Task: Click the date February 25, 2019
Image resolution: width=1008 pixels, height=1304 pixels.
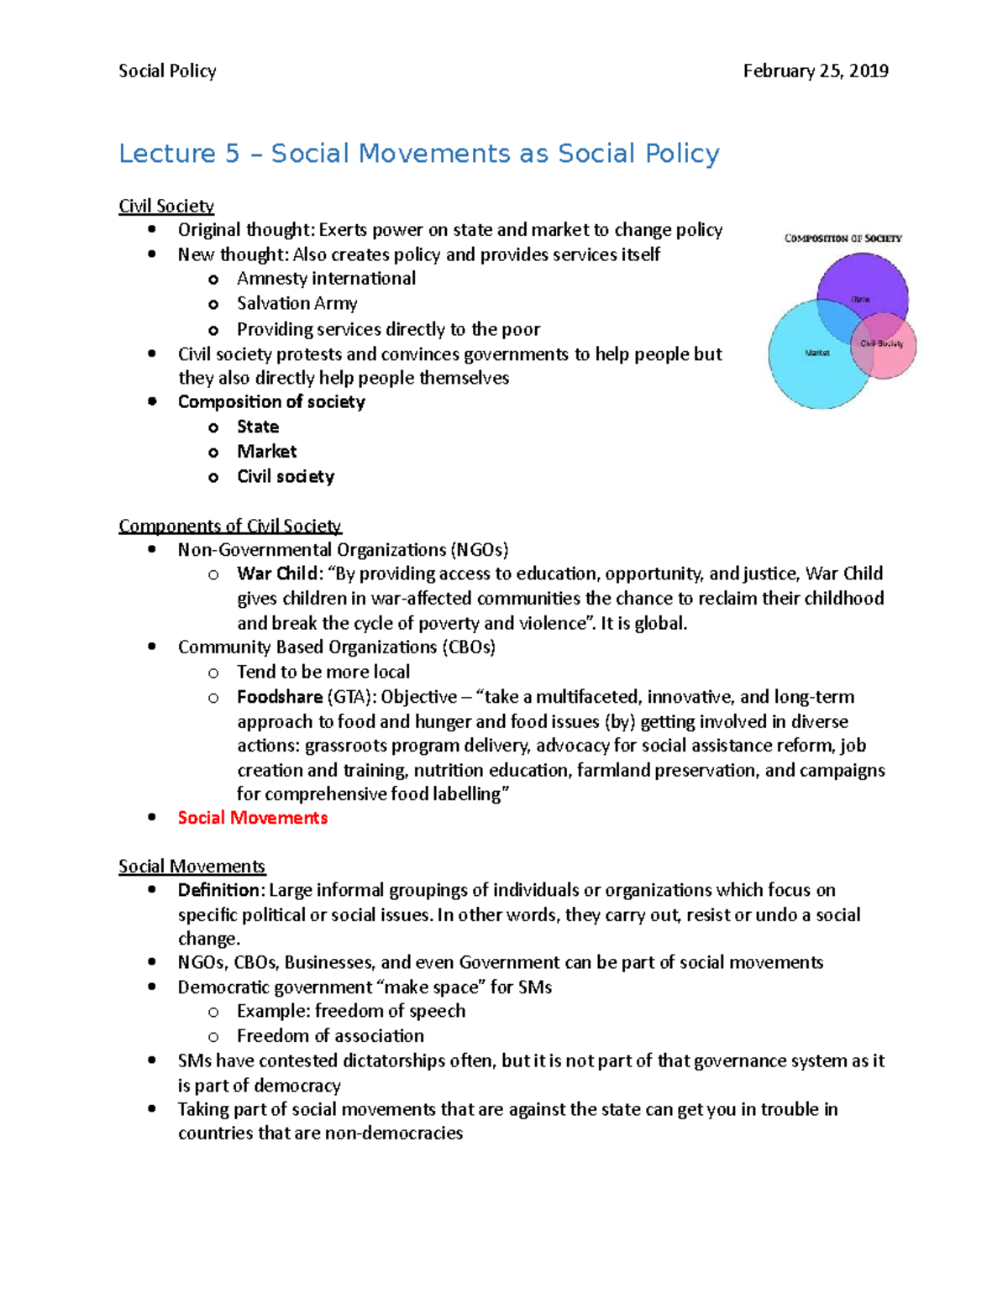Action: tap(815, 71)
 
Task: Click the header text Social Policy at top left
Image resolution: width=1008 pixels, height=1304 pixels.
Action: tap(167, 71)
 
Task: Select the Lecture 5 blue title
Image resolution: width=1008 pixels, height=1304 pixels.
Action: tap(418, 154)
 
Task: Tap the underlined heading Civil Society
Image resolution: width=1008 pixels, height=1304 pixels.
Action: tap(166, 207)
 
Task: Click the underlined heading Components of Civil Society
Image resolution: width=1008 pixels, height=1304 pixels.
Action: tap(229, 526)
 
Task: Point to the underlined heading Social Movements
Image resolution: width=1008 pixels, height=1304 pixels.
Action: tap(192, 867)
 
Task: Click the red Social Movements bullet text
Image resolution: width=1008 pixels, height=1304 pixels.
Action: tap(252, 818)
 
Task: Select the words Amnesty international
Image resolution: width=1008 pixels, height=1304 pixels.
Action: tap(326, 279)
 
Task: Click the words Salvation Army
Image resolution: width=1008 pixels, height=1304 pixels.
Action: tap(297, 304)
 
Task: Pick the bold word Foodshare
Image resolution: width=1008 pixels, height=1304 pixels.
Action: tap(279, 697)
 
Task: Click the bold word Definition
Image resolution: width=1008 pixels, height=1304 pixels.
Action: tap(221, 890)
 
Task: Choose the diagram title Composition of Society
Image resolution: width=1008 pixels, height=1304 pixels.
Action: tap(843, 238)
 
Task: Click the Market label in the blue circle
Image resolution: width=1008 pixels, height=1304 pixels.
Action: tap(816, 353)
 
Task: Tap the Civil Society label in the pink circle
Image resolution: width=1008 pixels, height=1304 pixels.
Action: tap(881, 343)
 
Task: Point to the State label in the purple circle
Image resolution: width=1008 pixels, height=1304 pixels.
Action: tap(860, 299)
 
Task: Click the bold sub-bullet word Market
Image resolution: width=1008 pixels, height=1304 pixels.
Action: tap(266, 452)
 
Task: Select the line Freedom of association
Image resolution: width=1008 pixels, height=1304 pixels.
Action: tap(330, 1036)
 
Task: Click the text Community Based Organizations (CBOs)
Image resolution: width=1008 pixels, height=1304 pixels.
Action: tap(336, 647)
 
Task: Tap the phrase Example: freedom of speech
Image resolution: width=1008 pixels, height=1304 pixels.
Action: tap(350, 1011)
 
